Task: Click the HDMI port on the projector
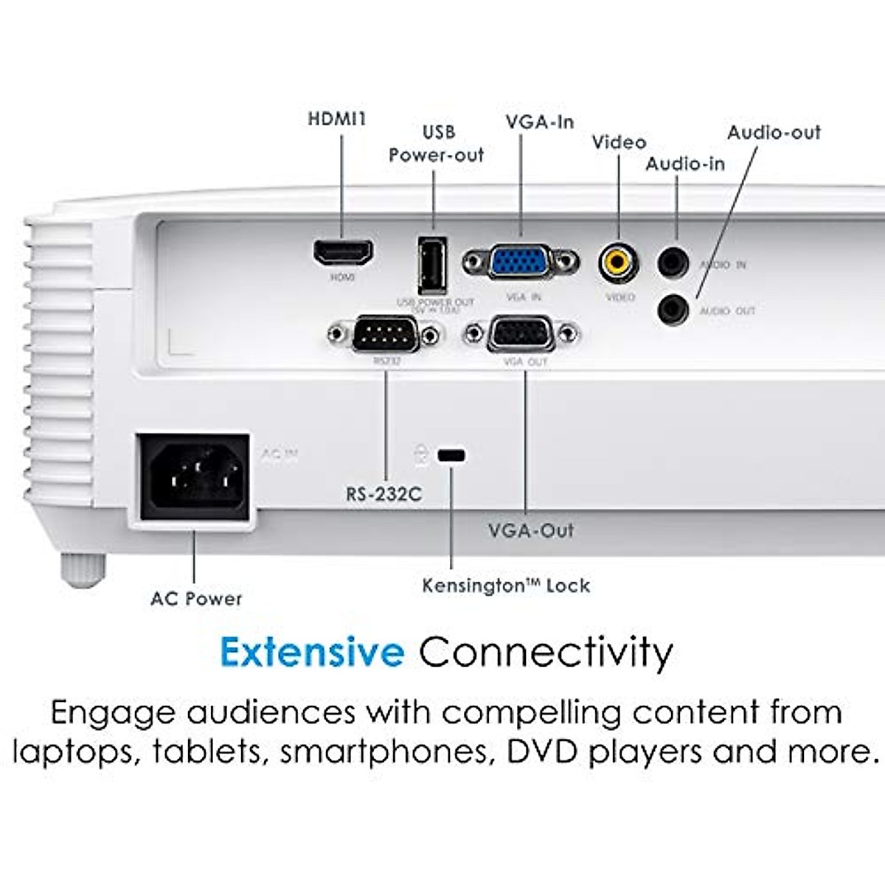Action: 343,253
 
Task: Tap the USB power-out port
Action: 432,266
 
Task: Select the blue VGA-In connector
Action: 520,261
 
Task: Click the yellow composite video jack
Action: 619,262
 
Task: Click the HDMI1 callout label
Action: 337,119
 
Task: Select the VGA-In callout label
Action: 540,122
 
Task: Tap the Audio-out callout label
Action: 774,133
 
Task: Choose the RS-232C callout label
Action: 384,494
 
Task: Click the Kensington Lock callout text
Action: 506,586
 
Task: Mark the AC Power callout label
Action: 196,599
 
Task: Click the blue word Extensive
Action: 312,653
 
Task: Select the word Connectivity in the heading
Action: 546,653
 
